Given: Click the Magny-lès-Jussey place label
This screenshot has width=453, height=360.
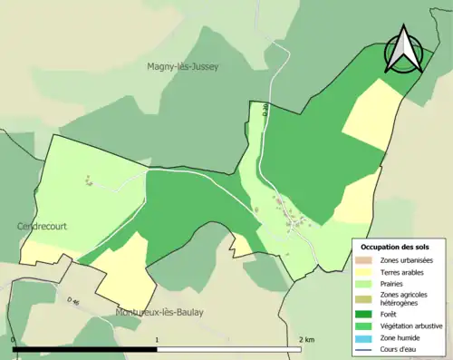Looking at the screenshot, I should [x=183, y=66].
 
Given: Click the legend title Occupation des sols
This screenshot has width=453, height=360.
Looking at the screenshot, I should [x=395, y=247].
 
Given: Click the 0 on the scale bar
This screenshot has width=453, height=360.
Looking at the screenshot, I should [x=14, y=340].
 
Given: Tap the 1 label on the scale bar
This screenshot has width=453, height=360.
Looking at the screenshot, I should [x=158, y=340].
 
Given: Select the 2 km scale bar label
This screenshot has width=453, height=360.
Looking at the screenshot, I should [x=306, y=340].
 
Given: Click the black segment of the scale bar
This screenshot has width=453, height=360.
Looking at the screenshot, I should [x=86, y=348].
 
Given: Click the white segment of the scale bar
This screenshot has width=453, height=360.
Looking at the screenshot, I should [x=229, y=348].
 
